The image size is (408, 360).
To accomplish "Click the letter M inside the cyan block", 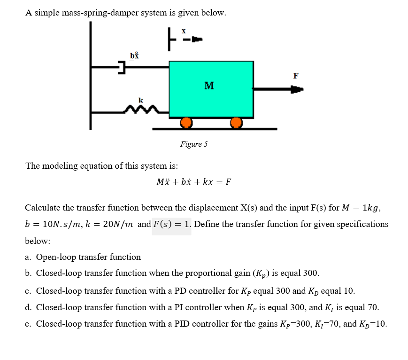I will [209, 86].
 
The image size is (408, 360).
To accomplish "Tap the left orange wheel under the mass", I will [186, 123].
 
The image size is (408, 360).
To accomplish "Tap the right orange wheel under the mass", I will [236, 123].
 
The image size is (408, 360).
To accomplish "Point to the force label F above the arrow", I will [295, 75].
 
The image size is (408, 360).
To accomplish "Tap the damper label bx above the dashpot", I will [134, 55].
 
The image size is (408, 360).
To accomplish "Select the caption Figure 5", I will [193, 144].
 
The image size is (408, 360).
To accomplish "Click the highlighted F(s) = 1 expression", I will [171, 224].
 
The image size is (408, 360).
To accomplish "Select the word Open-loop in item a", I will [56, 257].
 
